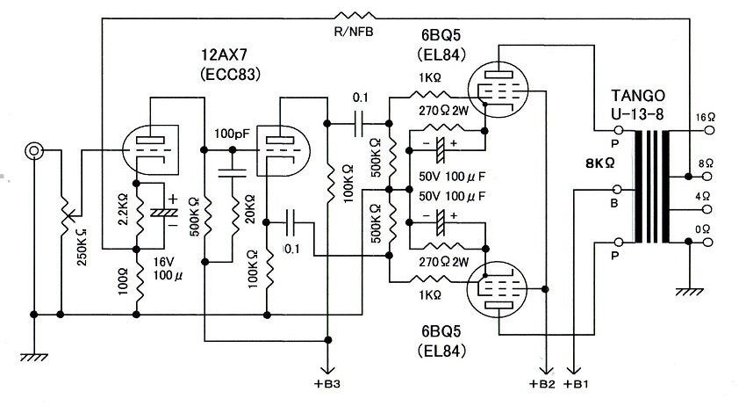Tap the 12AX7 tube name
[x=225, y=54]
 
